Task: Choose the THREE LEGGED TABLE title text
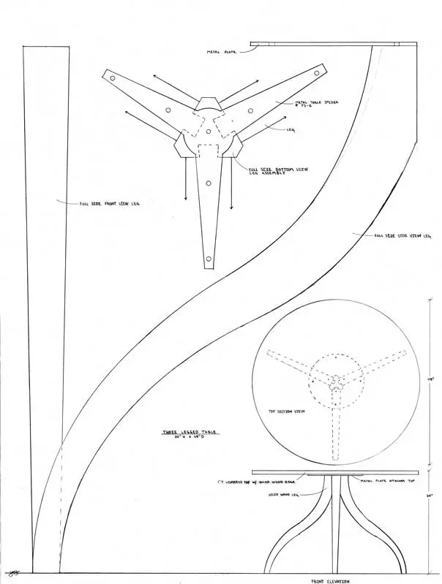pos(190,433)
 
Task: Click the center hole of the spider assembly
pos(209,132)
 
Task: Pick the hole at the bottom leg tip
pos(209,258)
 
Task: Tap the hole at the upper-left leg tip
pos(112,77)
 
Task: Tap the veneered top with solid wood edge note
pos(252,482)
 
